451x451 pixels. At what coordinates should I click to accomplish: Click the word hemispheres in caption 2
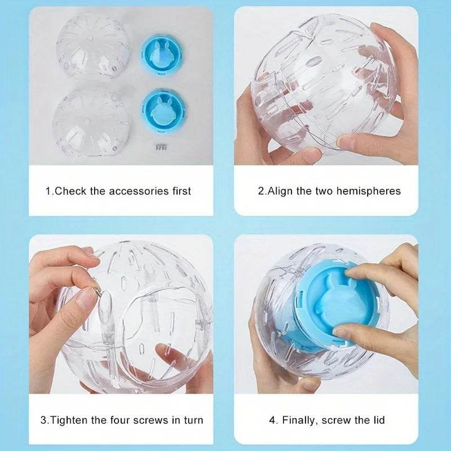[x=368, y=191]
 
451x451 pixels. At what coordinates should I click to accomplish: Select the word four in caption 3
[x=123, y=420]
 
